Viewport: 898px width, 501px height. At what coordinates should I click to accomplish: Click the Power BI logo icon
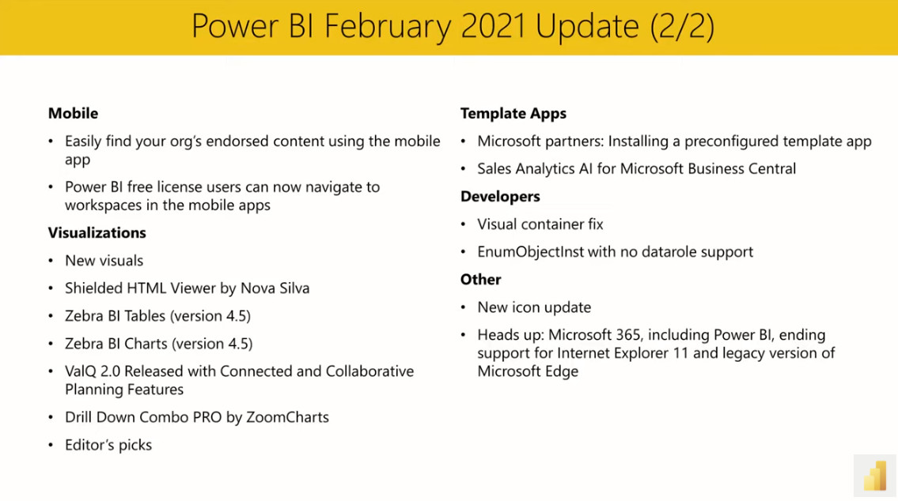874,477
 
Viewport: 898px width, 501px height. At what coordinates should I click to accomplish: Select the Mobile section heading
73,114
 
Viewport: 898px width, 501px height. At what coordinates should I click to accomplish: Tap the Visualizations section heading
97,232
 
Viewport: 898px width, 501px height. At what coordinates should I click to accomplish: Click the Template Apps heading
513,114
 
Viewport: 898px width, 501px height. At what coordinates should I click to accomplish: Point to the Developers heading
500,197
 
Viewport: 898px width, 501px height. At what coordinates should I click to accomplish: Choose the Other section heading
480,280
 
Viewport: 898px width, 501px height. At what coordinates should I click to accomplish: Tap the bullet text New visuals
104,260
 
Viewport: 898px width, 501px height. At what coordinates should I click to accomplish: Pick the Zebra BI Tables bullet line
157,315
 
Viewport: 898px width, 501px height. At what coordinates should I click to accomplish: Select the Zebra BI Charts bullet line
158,343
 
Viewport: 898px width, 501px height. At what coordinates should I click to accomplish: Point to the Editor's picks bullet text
108,445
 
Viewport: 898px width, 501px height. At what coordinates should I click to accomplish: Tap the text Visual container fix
540,224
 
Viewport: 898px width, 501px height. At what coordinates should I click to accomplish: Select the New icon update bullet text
534,307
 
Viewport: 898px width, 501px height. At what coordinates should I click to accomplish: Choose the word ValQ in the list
81,371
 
